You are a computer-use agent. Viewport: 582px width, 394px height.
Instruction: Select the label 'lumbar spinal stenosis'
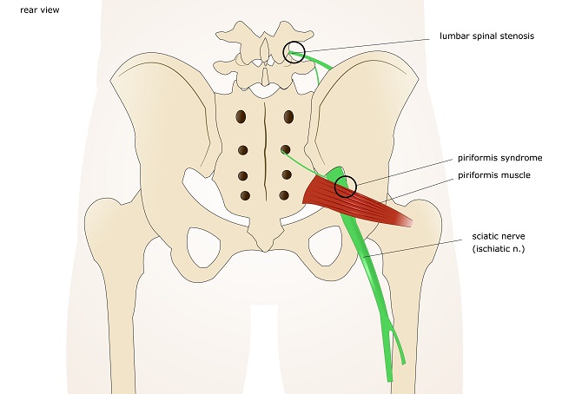coord(486,37)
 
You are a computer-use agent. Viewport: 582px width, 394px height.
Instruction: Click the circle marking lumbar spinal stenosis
coord(294,52)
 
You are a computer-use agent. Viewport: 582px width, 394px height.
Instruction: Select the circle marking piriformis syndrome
coord(346,185)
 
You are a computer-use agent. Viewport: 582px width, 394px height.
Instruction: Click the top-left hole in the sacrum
coord(242,116)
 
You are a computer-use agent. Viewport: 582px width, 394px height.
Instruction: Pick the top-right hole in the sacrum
coord(288,116)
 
